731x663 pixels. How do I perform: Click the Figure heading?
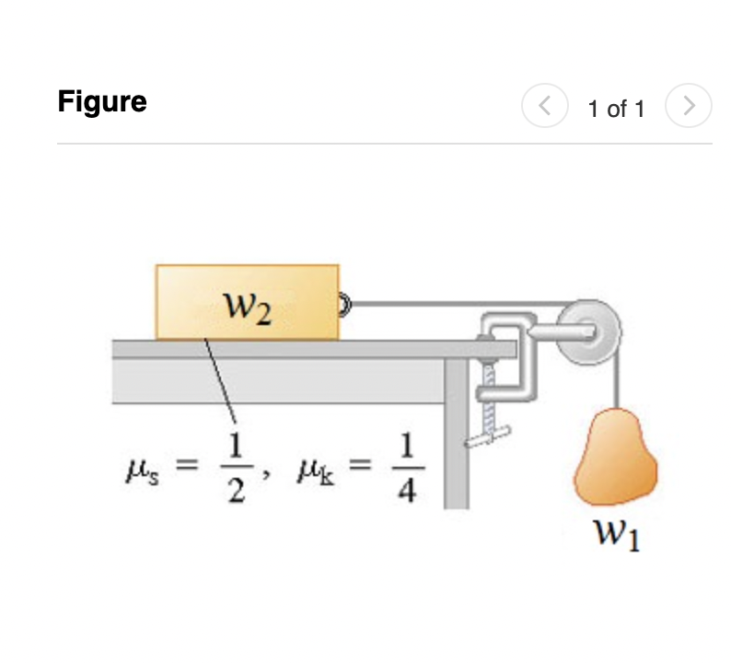click(102, 102)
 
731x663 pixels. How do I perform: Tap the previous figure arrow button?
click(544, 105)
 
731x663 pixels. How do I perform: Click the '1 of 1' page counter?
click(616, 109)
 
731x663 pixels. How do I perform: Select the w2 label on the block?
click(247, 308)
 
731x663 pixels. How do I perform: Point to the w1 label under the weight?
click(617, 535)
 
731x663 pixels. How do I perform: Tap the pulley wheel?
click(590, 332)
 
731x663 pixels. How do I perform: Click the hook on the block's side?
click(344, 305)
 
